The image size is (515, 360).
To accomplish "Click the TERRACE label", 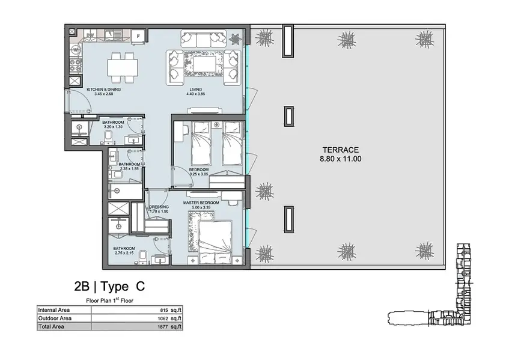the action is [x=341, y=150].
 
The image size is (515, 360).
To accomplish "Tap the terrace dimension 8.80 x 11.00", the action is [x=341, y=159].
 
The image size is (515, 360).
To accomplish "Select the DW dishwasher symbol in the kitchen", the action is [x=91, y=34].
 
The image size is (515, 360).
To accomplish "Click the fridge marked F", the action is [x=138, y=36].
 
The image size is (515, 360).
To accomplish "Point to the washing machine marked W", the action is [x=76, y=50].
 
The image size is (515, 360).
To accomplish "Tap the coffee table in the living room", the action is [x=204, y=63].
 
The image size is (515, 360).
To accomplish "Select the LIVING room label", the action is [x=196, y=90].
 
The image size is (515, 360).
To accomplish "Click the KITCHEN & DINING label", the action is [x=104, y=90].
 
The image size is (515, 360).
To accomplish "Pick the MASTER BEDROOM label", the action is [x=201, y=203].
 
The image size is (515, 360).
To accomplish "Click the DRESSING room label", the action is [x=159, y=207].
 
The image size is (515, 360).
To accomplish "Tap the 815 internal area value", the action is [x=164, y=310].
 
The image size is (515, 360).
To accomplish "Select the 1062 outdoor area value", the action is [x=163, y=319].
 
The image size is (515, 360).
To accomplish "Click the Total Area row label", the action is [x=51, y=326].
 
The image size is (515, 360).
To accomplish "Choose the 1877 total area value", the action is [x=163, y=327].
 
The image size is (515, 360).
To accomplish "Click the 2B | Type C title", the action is [x=109, y=287].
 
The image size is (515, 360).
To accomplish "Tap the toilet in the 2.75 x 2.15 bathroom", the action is [x=143, y=257].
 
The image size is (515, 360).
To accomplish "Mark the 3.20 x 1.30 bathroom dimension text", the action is [x=113, y=127].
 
